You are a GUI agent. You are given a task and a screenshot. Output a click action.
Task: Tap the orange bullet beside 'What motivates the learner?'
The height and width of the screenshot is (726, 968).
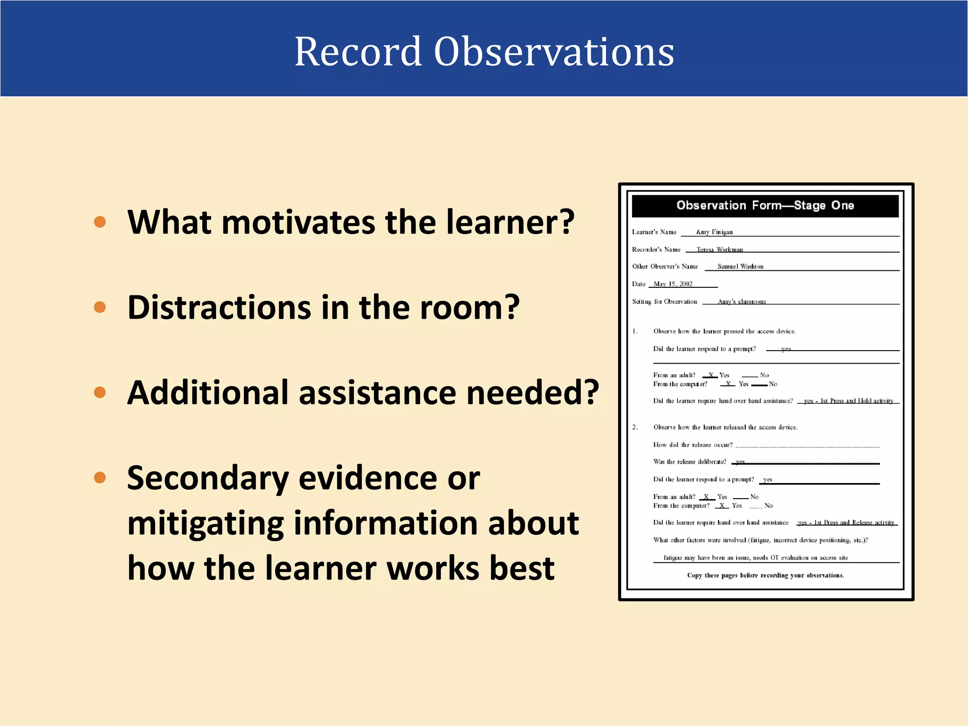[x=100, y=222]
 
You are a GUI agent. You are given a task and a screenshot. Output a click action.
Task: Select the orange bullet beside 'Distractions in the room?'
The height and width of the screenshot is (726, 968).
[x=100, y=307]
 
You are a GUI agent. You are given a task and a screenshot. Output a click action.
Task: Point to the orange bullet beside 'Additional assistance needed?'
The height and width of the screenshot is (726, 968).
[x=100, y=392]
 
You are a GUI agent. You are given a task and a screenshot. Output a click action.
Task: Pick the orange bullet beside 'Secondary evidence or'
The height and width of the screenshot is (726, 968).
[x=100, y=477]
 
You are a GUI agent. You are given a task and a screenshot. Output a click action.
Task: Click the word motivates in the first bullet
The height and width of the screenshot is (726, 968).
[x=302, y=222]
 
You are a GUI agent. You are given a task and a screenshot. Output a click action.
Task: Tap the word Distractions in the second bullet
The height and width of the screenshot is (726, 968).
[x=219, y=307]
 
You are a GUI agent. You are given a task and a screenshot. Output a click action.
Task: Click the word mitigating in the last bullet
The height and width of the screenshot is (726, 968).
[x=206, y=524]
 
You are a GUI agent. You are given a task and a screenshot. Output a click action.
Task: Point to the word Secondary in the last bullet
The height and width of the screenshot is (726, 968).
[x=208, y=478]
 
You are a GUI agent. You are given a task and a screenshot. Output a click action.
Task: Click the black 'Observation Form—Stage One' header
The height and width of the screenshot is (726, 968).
[x=765, y=206]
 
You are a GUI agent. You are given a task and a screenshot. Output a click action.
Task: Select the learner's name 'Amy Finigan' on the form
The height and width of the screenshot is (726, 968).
[x=714, y=232]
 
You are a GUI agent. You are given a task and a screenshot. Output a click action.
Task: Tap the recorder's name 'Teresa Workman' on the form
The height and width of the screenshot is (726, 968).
[x=719, y=250]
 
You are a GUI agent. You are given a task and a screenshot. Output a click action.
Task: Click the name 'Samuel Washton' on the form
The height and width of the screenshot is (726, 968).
[x=740, y=267]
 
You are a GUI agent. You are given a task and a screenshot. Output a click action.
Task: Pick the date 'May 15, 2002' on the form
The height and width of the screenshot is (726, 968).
[x=673, y=284]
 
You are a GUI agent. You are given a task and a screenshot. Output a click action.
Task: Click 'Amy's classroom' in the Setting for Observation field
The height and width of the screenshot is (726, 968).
[x=741, y=302]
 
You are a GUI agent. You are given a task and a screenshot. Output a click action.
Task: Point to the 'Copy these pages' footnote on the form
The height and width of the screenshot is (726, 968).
[x=765, y=575]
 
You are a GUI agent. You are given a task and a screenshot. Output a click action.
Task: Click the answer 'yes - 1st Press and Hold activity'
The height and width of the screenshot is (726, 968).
[x=848, y=401]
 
